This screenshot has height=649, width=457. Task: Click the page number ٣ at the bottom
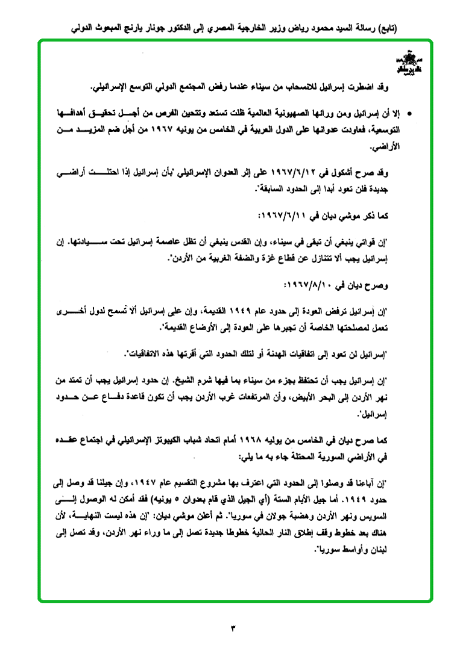[233, 629]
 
